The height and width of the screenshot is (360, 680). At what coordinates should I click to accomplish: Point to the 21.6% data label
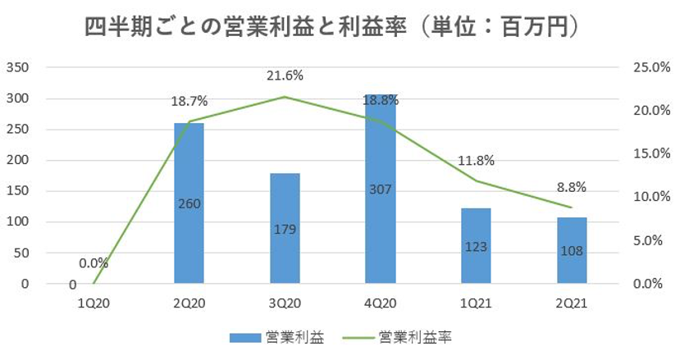click(x=285, y=75)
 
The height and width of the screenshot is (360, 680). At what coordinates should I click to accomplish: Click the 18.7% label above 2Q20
click(x=189, y=101)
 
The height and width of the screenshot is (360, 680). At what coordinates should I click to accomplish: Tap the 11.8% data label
click(x=477, y=161)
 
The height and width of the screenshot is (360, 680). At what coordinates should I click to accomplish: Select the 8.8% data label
click(x=572, y=187)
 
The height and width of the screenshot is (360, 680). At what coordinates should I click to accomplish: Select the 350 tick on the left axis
click(x=18, y=67)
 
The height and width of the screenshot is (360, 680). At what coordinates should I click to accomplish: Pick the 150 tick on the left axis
click(x=18, y=191)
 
